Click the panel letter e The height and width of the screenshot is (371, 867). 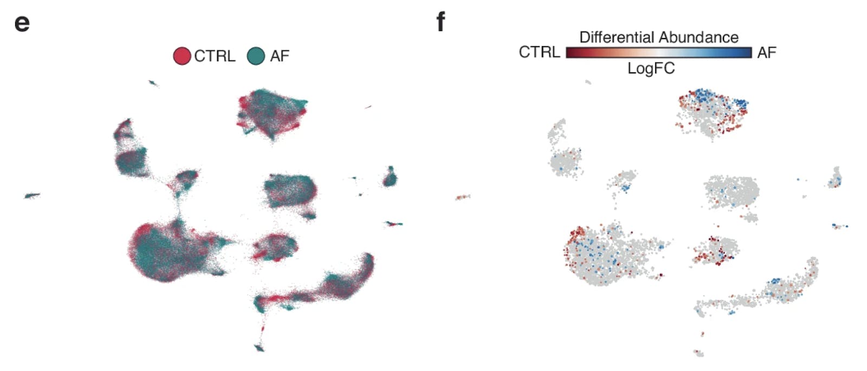click(22, 23)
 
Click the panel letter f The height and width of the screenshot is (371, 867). click(441, 22)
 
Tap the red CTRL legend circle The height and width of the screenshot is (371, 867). click(182, 56)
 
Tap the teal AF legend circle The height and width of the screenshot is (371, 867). click(256, 56)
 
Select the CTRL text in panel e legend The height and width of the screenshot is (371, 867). click(215, 56)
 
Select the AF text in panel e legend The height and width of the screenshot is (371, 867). click(280, 56)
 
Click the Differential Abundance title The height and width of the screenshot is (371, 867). click(658, 37)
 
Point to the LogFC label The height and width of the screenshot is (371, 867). click(651, 68)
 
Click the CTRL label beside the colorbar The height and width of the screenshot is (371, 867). click(539, 52)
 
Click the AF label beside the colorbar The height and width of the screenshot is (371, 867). click(767, 52)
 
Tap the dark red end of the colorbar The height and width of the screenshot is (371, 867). click(571, 52)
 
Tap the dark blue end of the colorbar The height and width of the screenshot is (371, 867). click(747, 52)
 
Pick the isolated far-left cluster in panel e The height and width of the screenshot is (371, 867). click(31, 195)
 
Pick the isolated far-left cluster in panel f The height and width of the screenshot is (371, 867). click(462, 197)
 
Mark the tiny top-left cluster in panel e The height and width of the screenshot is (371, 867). click(153, 83)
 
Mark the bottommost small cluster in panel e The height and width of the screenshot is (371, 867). click(260, 348)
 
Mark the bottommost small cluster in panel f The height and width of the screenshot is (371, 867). click(699, 353)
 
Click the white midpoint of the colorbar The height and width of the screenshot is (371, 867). click(659, 52)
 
